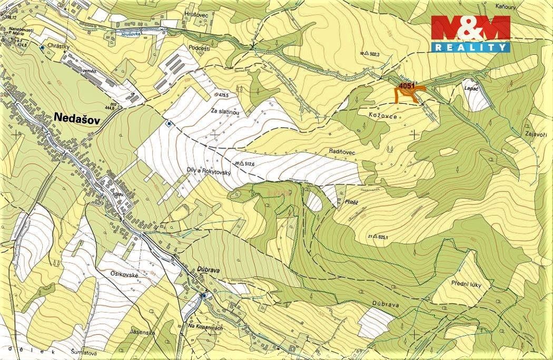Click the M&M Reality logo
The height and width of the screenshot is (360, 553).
coord(471,34)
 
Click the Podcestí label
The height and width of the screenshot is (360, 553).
coord(199,48)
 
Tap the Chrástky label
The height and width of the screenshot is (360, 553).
coord(57,45)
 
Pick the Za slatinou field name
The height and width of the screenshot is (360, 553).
coord(225,112)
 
